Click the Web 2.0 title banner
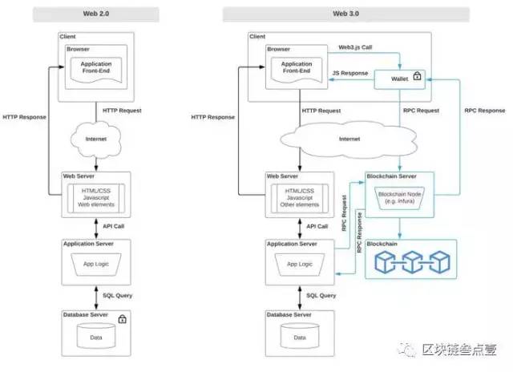[x=96, y=14]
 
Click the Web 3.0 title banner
[x=345, y=14]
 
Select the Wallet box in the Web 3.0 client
[x=399, y=79]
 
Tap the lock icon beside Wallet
[x=417, y=76]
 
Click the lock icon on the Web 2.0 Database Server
[x=123, y=318]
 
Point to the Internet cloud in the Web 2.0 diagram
[x=96, y=139]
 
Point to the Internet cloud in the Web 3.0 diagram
[x=349, y=139]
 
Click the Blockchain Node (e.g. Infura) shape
[x=399, y=198]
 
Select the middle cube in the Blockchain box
[x=412, y=262]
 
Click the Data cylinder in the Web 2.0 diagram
[x=96, y=336]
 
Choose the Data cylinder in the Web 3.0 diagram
[x=300, y=336]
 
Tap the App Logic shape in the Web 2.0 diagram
[x=96, y=265]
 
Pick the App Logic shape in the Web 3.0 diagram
[x=300, y=265]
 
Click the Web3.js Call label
[x=355, y=47]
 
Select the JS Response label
[x=350, y=73]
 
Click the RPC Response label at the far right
[x=485, y=111]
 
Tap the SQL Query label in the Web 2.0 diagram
[x=118, y=296]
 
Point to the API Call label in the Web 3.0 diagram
[x=317, y=226]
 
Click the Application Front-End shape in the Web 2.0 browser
[x=96, y=70]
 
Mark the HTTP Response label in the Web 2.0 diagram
[x=25, y=117]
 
